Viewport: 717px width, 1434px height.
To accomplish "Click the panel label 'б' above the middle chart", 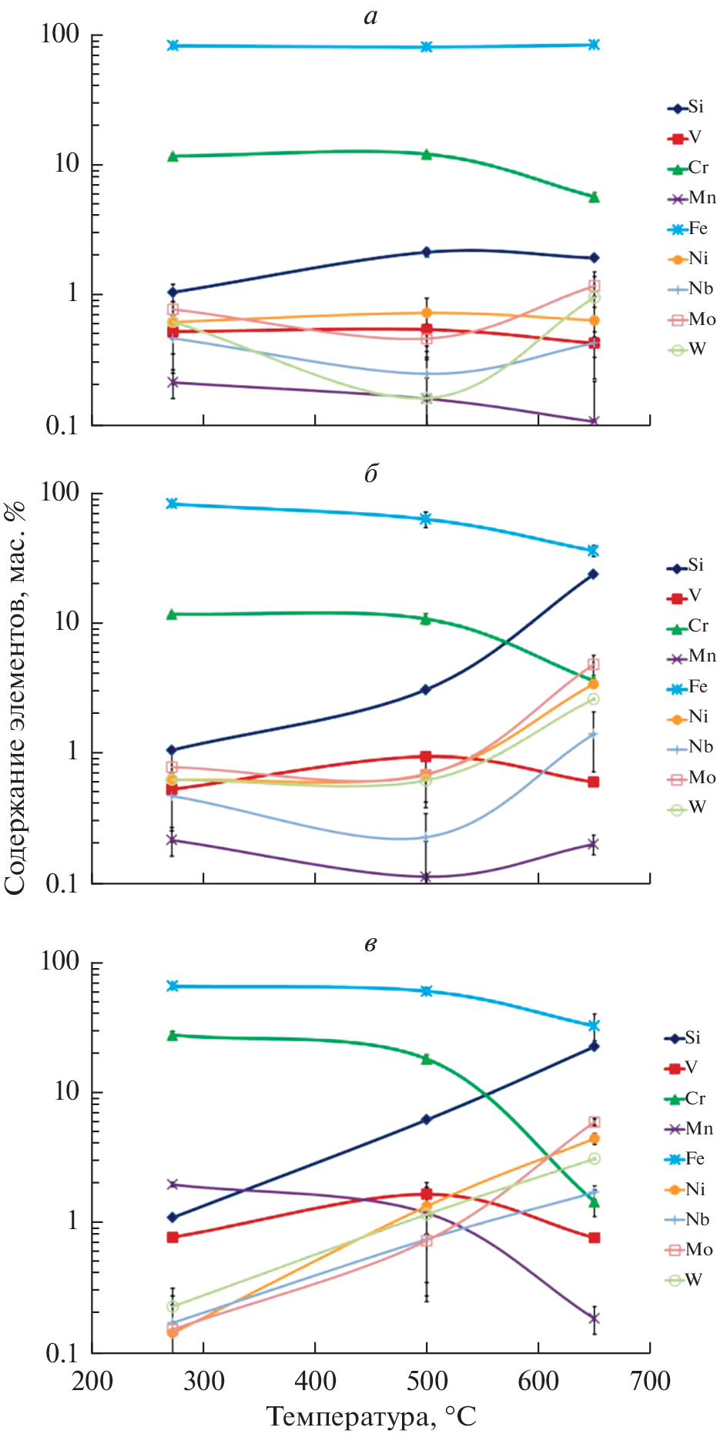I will coord(370,474).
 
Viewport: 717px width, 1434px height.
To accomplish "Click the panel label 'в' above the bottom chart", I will coord(370,943).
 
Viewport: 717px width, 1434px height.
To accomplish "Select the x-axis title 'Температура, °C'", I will coord(371,1416).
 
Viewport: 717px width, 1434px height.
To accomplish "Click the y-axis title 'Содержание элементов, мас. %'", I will coord(15,697).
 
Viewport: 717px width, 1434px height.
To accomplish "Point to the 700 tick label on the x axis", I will coord(649,1382).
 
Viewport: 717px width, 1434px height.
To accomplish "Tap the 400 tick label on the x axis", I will coord(315,1382).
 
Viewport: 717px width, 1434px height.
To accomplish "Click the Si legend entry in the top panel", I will coord(686,108).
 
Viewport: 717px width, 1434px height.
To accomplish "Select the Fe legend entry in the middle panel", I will coord(688,687).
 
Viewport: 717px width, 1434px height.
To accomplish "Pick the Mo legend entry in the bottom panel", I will coord(688,1249).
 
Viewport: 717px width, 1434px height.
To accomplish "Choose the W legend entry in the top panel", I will coord(687,350).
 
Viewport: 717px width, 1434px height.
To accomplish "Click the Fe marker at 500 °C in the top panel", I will coord(426,47).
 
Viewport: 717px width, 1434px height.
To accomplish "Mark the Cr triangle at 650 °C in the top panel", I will coord(594,197).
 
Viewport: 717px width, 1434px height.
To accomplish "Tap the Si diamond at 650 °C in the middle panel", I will coord(593,574).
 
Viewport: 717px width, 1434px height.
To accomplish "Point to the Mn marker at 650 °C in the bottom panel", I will coord(594,1318).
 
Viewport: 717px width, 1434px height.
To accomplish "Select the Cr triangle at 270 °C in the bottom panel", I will coord(173,1035).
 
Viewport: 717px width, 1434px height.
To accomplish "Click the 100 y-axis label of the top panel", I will coord(60,35).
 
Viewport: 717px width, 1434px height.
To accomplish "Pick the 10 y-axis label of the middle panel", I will coord(67,622).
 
